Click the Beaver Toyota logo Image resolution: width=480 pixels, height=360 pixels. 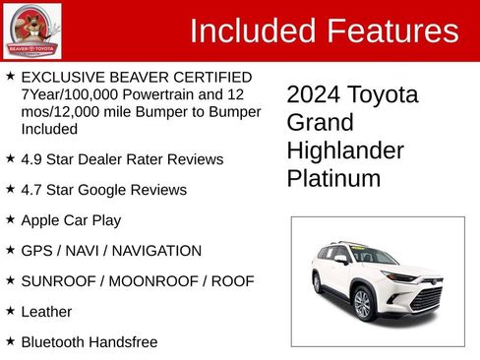click(x=31, y=30)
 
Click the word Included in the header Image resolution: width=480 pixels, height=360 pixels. click(x=251, y=30)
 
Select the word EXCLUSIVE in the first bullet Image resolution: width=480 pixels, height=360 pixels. click(x=58, y=76)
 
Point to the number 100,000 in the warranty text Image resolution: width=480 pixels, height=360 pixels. click(x=107, y=93)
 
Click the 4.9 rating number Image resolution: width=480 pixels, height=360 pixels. click(x=32, y=158)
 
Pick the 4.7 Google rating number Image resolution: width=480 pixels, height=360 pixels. click(x=32, y=189)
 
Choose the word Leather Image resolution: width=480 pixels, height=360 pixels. click(x=46, y=311)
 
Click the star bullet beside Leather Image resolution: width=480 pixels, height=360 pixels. click(x=10, y=311)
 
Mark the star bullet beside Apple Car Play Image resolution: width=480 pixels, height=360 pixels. click(x=10, y=219)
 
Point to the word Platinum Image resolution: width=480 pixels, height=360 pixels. click(x=333, y=179)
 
